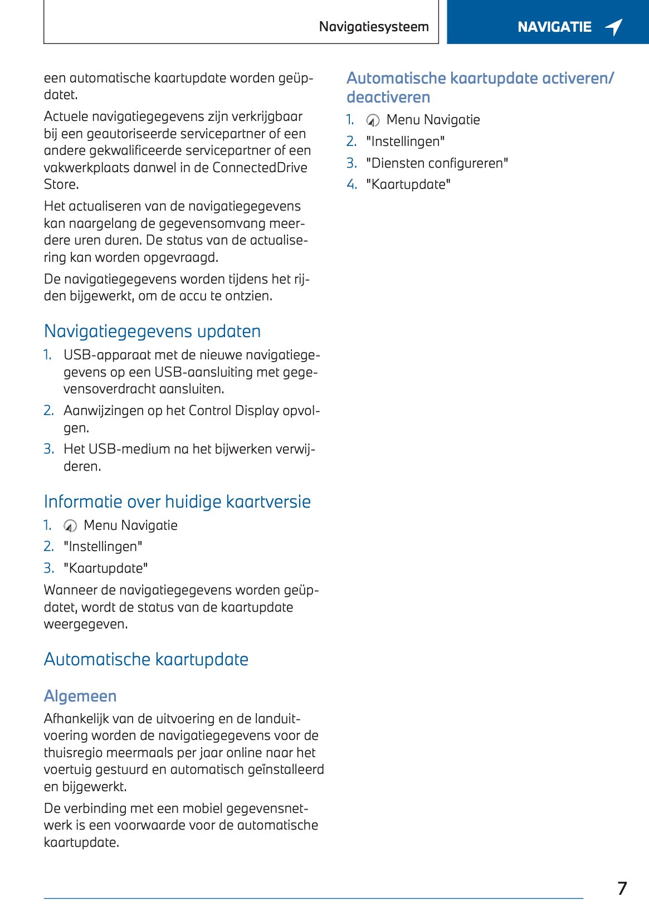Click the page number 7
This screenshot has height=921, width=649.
pyautogui.click(x=622, y=888)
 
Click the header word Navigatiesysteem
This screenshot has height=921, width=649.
pyautogui.click(x=374, y=27)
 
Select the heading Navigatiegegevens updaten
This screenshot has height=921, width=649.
pyautogui.click(x=152, y=332)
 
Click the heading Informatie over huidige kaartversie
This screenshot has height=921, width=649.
pyautogui.click(x=177, y=502)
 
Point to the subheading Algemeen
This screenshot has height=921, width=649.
pyautogui.click(x=80, y=696)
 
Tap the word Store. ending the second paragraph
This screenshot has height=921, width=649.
pyautogui.click(x=61, y=184)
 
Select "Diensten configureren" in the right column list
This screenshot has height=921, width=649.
pyautogui.click(x=437, y=163)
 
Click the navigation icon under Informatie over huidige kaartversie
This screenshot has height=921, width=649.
pyautogui.click(x=71, y=525)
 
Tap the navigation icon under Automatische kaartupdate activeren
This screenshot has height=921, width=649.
pyautogui.click(x=373, y=120)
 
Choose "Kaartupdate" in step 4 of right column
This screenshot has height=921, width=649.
pyautogui.click(x=408, y=184)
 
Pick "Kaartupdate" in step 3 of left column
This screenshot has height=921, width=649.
pyautogui.click(x=106, y=568)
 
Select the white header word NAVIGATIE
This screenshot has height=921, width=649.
pyautogui.click(x=554, y=27)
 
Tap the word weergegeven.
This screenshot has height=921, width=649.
pyautogui.click(x=86, y=624)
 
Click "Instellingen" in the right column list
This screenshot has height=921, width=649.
pyautogui.click(x=405, y=142)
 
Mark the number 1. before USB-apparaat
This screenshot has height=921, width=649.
pyautogui.click(x=48, y=355)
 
